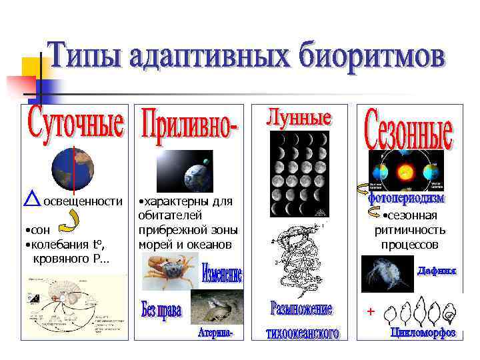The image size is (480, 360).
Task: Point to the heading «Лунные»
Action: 299,117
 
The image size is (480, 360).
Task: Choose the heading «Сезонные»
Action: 409,131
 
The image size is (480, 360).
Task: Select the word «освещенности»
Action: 83,201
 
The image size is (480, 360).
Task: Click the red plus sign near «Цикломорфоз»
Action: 371,311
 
